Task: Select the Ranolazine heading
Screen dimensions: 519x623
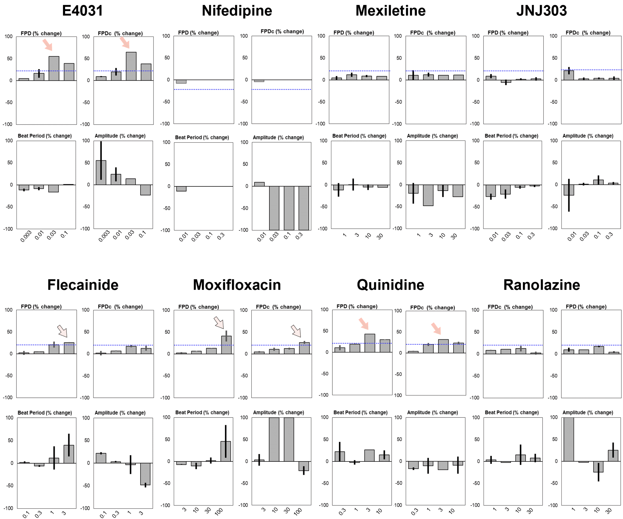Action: (541, 285)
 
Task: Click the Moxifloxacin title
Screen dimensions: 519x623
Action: (237, 285)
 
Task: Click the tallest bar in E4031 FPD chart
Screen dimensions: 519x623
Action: (54, 68)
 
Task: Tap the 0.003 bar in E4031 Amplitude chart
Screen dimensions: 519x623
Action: (101, 172)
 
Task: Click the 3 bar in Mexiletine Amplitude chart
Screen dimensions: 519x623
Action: (428, 195)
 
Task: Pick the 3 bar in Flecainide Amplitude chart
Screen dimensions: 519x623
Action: (145, 474)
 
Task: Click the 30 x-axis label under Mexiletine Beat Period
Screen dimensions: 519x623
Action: (380, 236)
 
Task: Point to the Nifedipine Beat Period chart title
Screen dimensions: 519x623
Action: (202, 138)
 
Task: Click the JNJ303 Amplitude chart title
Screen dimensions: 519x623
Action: (588, 136)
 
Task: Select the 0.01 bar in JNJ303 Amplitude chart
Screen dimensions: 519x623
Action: (569, 190)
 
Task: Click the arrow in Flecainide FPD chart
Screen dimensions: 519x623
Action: (62, 331)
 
